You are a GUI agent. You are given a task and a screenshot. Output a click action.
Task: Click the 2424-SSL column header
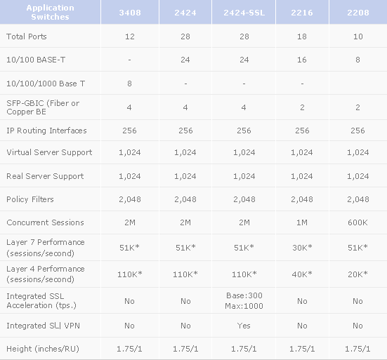pyautogui.click(x=244, y=13)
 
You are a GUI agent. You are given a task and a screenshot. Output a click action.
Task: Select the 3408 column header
pyautogui.click(x=130, y=13)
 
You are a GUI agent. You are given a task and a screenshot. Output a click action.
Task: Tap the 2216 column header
pyautogui.click(x=302, y=13)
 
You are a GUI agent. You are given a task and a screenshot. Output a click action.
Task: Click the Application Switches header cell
pyautogui.click(x=50, y=12)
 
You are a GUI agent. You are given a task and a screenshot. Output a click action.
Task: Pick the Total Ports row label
pyautogui.click(x=27, y=36)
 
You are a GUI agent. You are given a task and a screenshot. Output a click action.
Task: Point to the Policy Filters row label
pyautogui.click(x=30, y=199)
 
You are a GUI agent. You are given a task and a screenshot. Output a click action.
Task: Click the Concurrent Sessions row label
pyautogui.click(x=45, y=222)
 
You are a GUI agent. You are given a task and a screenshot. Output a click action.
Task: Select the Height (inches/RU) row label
pyautogui.click(x=43, y=349)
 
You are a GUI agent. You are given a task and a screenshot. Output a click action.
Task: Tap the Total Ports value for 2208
pyautogui.click(x=358, y=36)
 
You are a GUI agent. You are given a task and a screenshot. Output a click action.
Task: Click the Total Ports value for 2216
pyautogui.click(x=302, y=36)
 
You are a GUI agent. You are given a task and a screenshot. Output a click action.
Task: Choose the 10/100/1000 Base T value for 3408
pyautogui.click(x=129, y=84)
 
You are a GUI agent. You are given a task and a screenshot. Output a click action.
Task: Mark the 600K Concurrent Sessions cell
pyautogui.click(x=358, y=222)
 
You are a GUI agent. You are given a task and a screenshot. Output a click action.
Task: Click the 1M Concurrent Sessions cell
pyautogui.click(x=302, y=222)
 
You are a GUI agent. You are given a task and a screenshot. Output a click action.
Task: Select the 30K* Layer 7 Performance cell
pyautogui.click(x=302, y=247)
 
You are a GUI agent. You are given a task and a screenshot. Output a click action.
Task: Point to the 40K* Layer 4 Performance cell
pyautogui.click(x=302, y=274)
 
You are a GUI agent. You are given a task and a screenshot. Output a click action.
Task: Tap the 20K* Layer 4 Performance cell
pyautogui.click(x=358, y=274)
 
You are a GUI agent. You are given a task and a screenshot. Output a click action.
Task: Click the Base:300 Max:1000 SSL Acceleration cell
pyautogui.click(x=244, y=300)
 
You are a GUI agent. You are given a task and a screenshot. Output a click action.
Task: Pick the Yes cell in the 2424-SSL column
pyautogui.click(x=244, y=326)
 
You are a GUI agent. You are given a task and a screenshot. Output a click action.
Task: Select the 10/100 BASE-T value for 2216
pyautogui.click(x=302, y=60)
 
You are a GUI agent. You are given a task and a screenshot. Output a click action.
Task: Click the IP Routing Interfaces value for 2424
pyautogui.click(x=185, y=131)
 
